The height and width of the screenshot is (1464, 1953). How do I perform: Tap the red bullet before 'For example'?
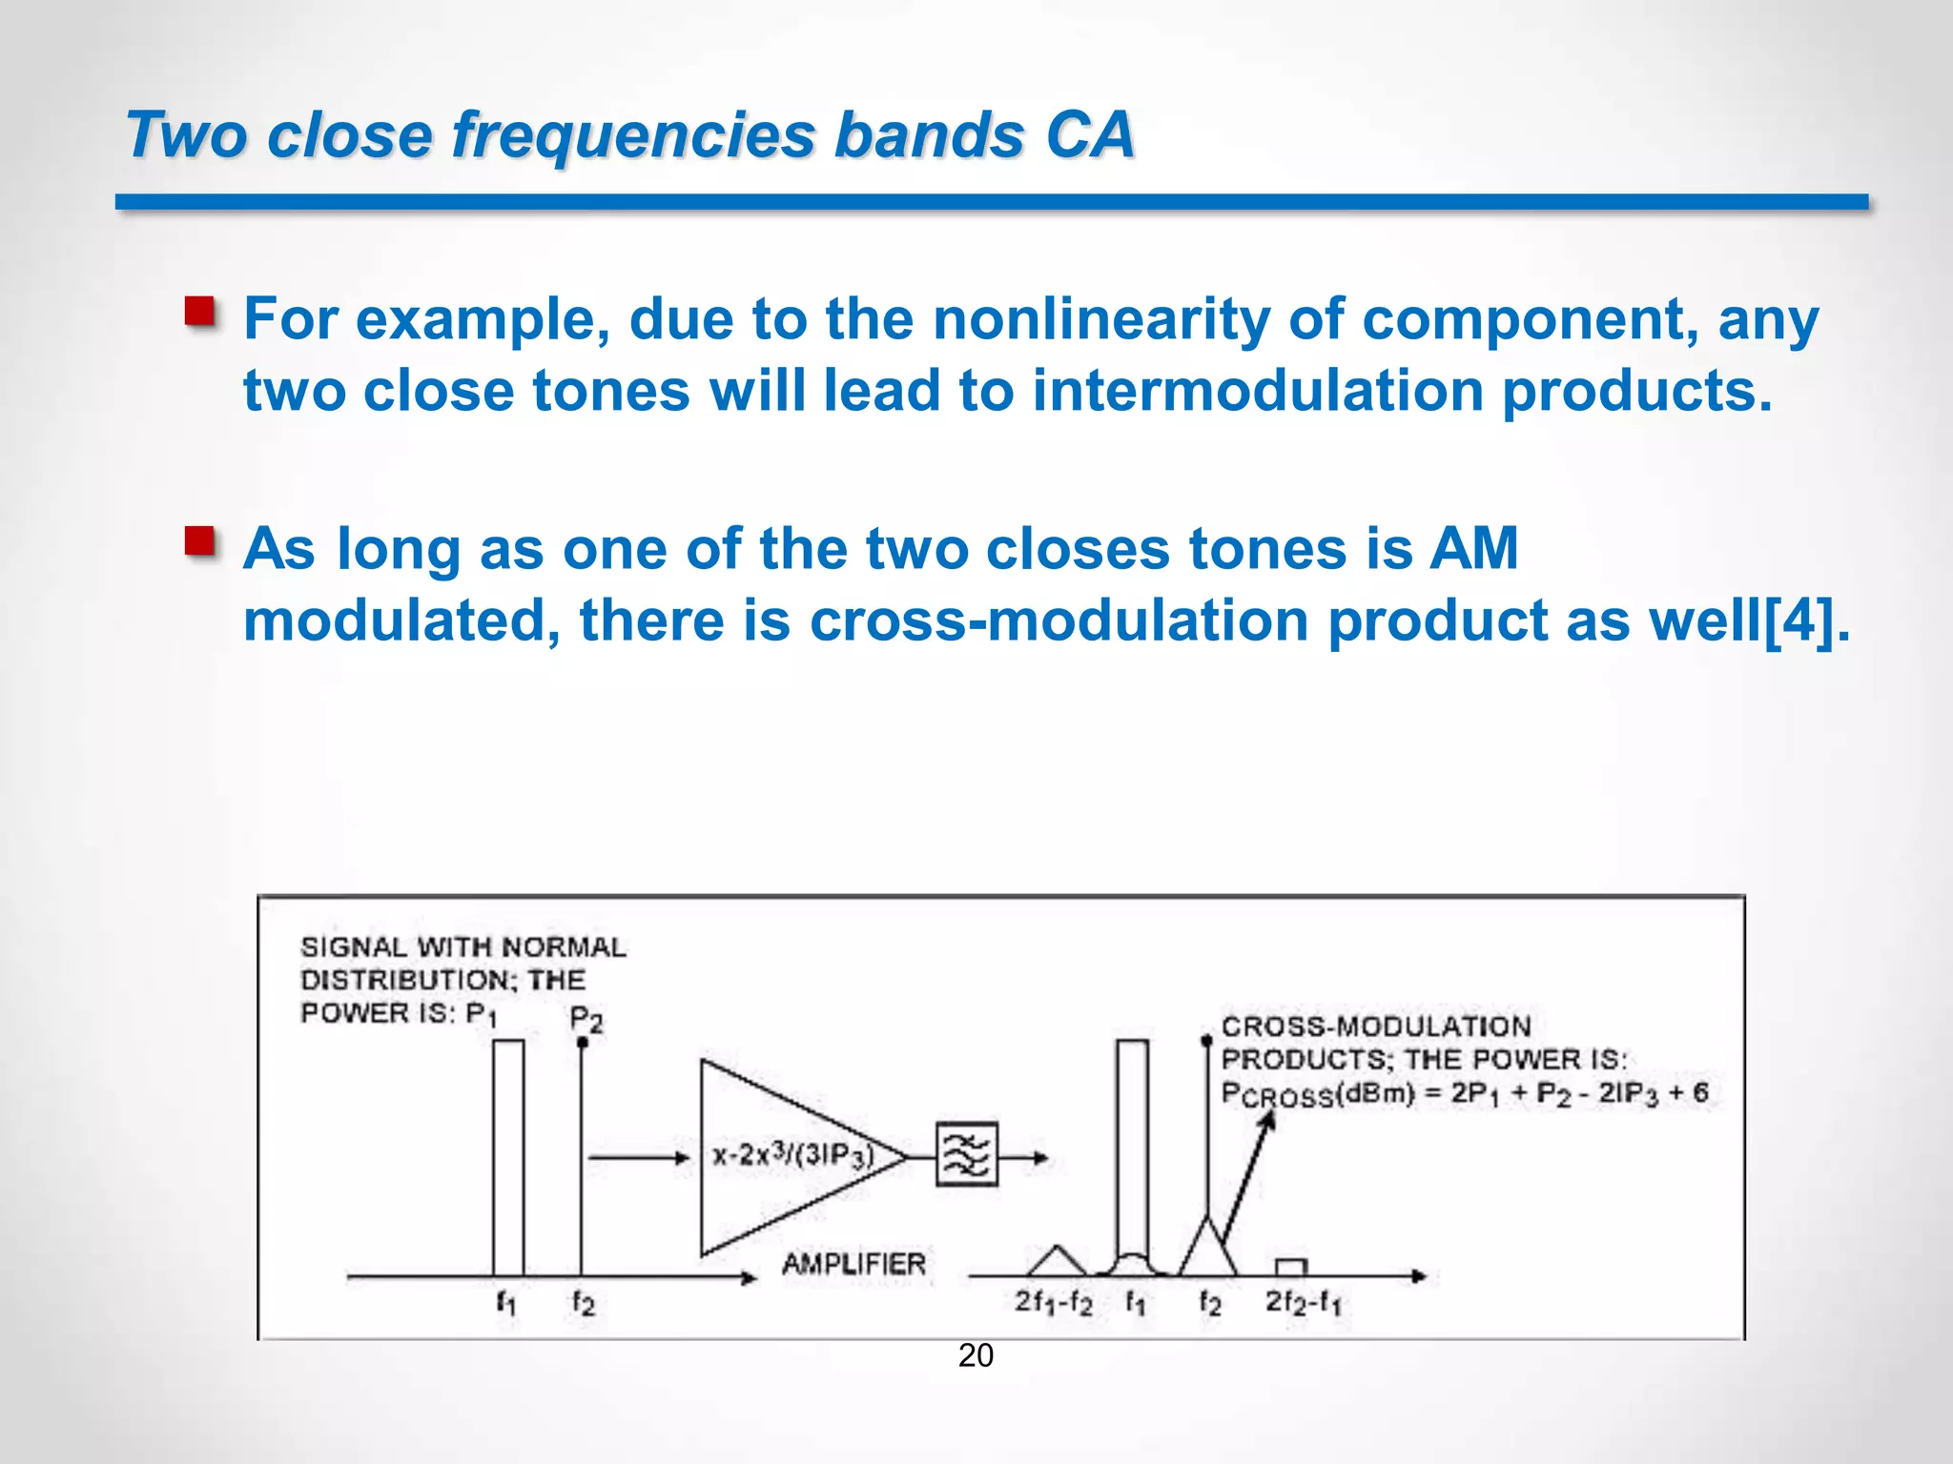(199, 312)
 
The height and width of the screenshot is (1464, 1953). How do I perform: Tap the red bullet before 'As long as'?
(199, 541)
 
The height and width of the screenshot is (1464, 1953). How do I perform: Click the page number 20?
(976, 1355)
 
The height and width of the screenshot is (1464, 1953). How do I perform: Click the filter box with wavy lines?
(966, 1155)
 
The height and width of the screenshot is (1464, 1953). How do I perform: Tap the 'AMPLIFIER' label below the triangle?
(853, 1265)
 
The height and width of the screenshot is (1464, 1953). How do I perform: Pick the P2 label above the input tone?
(586, 1020)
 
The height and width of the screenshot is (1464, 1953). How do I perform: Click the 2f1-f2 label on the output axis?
(1053, 1302)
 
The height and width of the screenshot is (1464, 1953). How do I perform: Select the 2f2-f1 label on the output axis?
(1303, 1302)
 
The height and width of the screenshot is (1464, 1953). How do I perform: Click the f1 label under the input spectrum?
(505, 1302)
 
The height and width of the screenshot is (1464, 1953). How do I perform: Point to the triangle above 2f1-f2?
(1057, 1263)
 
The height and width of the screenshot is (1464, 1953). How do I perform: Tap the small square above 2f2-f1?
(1290, 1267)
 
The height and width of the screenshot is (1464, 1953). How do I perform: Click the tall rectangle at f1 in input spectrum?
(508, 1157)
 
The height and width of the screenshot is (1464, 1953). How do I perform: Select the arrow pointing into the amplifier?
(639, 1158)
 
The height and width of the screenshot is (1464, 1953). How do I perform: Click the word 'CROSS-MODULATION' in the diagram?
(1376, 1027)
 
